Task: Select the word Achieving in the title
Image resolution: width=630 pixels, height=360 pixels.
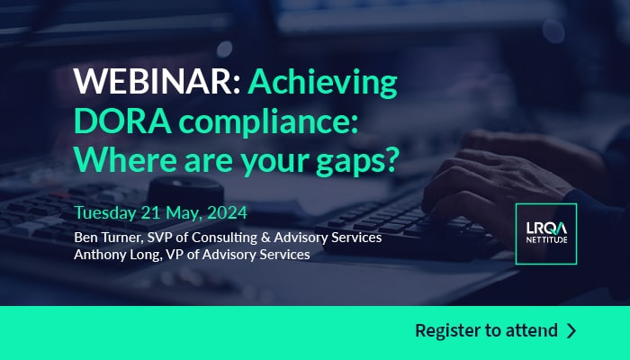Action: click(x=322, y=84)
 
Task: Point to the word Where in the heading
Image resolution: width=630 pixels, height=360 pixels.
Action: click(x=125, y=159)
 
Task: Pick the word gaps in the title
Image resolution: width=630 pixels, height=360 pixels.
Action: click(x=346, y=162)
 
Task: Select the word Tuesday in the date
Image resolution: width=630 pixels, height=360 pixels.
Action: click(x=105, y=213)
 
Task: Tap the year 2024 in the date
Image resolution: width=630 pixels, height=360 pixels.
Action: click(x=227, y=213)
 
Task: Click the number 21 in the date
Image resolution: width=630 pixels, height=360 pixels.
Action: click(x=150, y=213)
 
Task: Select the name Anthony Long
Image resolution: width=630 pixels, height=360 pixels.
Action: click(x=117, y=255)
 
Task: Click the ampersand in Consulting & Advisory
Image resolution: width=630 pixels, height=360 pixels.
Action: click(x=265, y=238)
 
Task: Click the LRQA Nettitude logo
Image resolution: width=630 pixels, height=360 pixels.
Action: click(x=546, y=234)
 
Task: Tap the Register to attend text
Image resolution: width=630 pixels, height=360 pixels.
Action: click(x=486, y=330)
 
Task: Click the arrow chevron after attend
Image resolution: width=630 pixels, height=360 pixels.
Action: click(x=571, y=330)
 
